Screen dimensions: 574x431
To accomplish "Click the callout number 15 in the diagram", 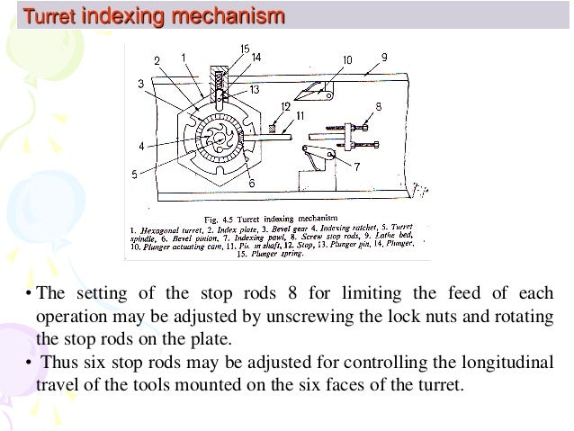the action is (245, 48).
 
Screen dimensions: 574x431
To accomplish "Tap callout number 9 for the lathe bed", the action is (384, 58).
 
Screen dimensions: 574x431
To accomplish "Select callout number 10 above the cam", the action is (347, 60).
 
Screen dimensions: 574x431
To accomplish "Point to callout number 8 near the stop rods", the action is (378, 106).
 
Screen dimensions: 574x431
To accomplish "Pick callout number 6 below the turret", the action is (251, 183).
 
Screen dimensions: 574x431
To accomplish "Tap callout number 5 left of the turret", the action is (135, 175).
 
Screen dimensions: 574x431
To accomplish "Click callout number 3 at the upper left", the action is (140, 84).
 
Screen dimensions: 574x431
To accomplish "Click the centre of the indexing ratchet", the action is (220, 140).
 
